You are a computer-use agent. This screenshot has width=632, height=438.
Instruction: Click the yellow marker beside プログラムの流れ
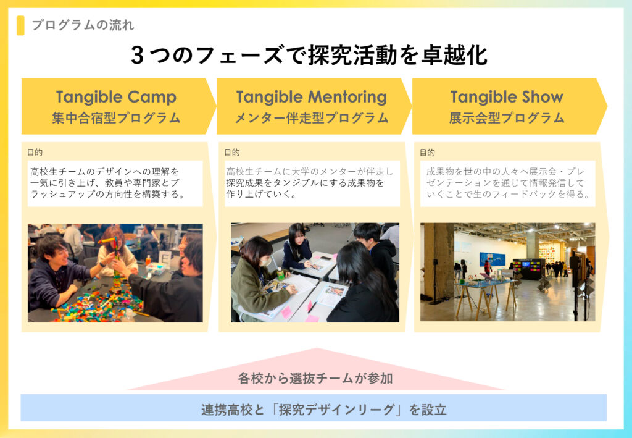(20, 25)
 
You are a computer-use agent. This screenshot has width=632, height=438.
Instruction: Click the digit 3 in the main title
(138, 55)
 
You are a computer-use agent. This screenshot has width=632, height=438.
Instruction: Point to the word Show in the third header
(542, 97)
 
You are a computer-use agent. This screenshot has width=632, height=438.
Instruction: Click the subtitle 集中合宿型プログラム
(116, 118)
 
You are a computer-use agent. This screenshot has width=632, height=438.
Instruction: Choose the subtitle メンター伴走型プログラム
(312, 118)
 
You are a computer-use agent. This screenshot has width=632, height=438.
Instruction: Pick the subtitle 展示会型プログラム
(507, 118)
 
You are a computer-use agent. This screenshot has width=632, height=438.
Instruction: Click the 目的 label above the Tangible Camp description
(35, 152)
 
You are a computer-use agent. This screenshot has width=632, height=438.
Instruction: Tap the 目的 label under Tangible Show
(427, 153)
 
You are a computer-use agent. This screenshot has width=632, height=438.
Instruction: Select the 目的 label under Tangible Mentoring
(232, 152)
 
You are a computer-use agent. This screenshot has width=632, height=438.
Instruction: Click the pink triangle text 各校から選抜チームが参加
(315, 378)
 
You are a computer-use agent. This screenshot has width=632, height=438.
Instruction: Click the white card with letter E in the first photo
(164, 258)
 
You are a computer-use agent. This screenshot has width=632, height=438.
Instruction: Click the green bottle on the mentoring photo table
(280, 274)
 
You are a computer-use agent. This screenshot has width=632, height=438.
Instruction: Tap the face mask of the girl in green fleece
(265, 261)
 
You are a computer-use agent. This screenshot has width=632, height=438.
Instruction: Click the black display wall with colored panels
(528, 269)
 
